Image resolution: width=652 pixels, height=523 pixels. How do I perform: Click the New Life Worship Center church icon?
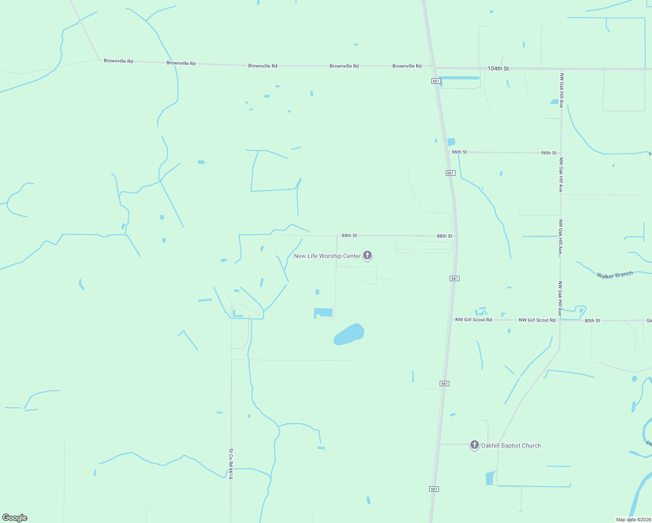(x=367, y=255)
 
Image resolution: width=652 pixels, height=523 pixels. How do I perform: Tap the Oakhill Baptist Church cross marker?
(x=474, y=445)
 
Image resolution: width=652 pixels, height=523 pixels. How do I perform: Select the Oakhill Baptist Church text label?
(x=511, y=445)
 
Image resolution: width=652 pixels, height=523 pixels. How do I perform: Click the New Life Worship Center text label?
(x=327, y=256)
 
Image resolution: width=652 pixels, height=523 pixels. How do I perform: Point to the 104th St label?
(x=498, y=68)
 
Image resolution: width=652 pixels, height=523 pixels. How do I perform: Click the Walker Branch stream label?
(x=615, y=275)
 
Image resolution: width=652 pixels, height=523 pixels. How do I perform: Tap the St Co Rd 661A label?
(x=231, y=464)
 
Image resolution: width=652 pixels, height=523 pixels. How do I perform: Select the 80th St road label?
(x=592, y=320)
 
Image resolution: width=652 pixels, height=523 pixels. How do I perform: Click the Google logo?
(x=15, y=517)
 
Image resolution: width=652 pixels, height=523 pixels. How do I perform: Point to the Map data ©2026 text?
(x=633, y=520)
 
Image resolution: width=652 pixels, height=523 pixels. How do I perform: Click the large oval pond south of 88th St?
(x=349, y=335)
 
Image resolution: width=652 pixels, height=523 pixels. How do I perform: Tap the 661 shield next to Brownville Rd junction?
(x=436, y=81)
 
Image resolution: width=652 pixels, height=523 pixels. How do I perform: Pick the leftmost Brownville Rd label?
(x=118, y=61)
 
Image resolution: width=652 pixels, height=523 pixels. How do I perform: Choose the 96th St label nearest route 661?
(x=459, y=152)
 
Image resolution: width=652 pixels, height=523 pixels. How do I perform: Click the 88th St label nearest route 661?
(x=445, y=236)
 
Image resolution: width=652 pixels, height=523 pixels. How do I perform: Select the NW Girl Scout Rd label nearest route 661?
(x=473, y=319)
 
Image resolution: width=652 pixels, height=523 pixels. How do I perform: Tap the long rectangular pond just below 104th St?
(x=459, y=78)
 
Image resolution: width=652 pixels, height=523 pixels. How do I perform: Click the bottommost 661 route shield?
(x=434, y=489)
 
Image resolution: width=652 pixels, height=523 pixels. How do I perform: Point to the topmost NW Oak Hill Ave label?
(x=561, y=90)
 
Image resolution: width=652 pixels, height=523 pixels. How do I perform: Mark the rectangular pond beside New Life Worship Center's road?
(x=324, y=312)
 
